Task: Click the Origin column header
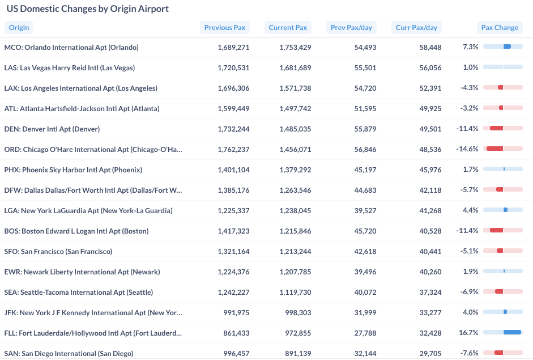click(19, 27)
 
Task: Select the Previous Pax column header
click(225, 27)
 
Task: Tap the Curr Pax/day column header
click(416, 27)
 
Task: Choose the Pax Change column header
click(499, 27)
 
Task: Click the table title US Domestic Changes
click(87, 9)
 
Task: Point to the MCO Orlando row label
click(71, 48)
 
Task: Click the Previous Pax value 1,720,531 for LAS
click(233, 68)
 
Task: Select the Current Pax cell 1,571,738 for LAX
click(295, 88)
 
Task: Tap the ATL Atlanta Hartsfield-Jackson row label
click(82, 109)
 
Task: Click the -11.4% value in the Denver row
click(467, 129)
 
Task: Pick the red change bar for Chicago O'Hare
click(494, 149)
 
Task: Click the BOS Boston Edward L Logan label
click(76, 231)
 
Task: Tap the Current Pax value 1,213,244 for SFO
click(295, 252)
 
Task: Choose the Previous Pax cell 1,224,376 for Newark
click(233, 272)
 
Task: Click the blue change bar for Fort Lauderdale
click(512, 332)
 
